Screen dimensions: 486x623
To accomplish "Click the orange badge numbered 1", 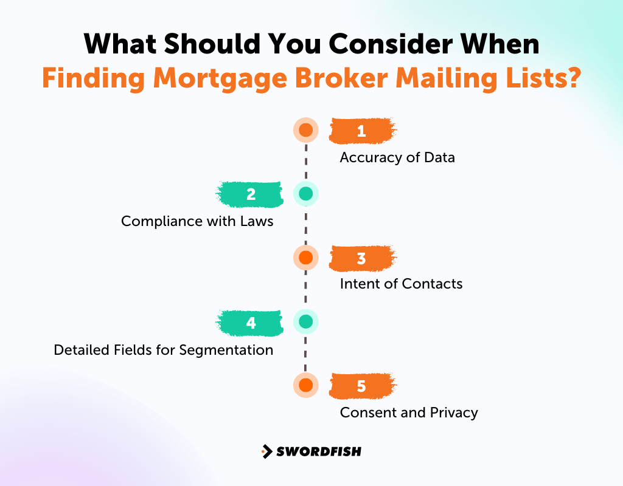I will point(362,131).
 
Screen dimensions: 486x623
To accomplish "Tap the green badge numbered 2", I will point(250,194).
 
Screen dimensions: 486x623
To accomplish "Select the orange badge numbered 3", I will point(362,258).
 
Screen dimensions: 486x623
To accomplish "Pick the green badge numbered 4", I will point(250,323).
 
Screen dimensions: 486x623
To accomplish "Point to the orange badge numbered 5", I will point(362,386).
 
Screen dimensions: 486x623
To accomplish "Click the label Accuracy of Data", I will point(397,157).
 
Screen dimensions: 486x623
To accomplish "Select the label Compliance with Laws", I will point(197,221).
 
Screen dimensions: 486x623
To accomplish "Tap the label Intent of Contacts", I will point(401,284).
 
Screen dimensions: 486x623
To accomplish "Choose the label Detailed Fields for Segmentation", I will point(163,350).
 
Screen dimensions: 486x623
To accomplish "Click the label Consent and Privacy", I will point(409,412).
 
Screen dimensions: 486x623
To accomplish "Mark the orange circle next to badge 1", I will point(305,130).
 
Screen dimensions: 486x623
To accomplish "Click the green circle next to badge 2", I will point(305,194).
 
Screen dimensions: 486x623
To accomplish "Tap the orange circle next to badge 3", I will point(305,258).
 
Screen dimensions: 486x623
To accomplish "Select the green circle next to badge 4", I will point(305,321).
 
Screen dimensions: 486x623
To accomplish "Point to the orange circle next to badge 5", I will point(305,385).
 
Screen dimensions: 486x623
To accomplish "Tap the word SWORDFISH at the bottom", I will point(319,451).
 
